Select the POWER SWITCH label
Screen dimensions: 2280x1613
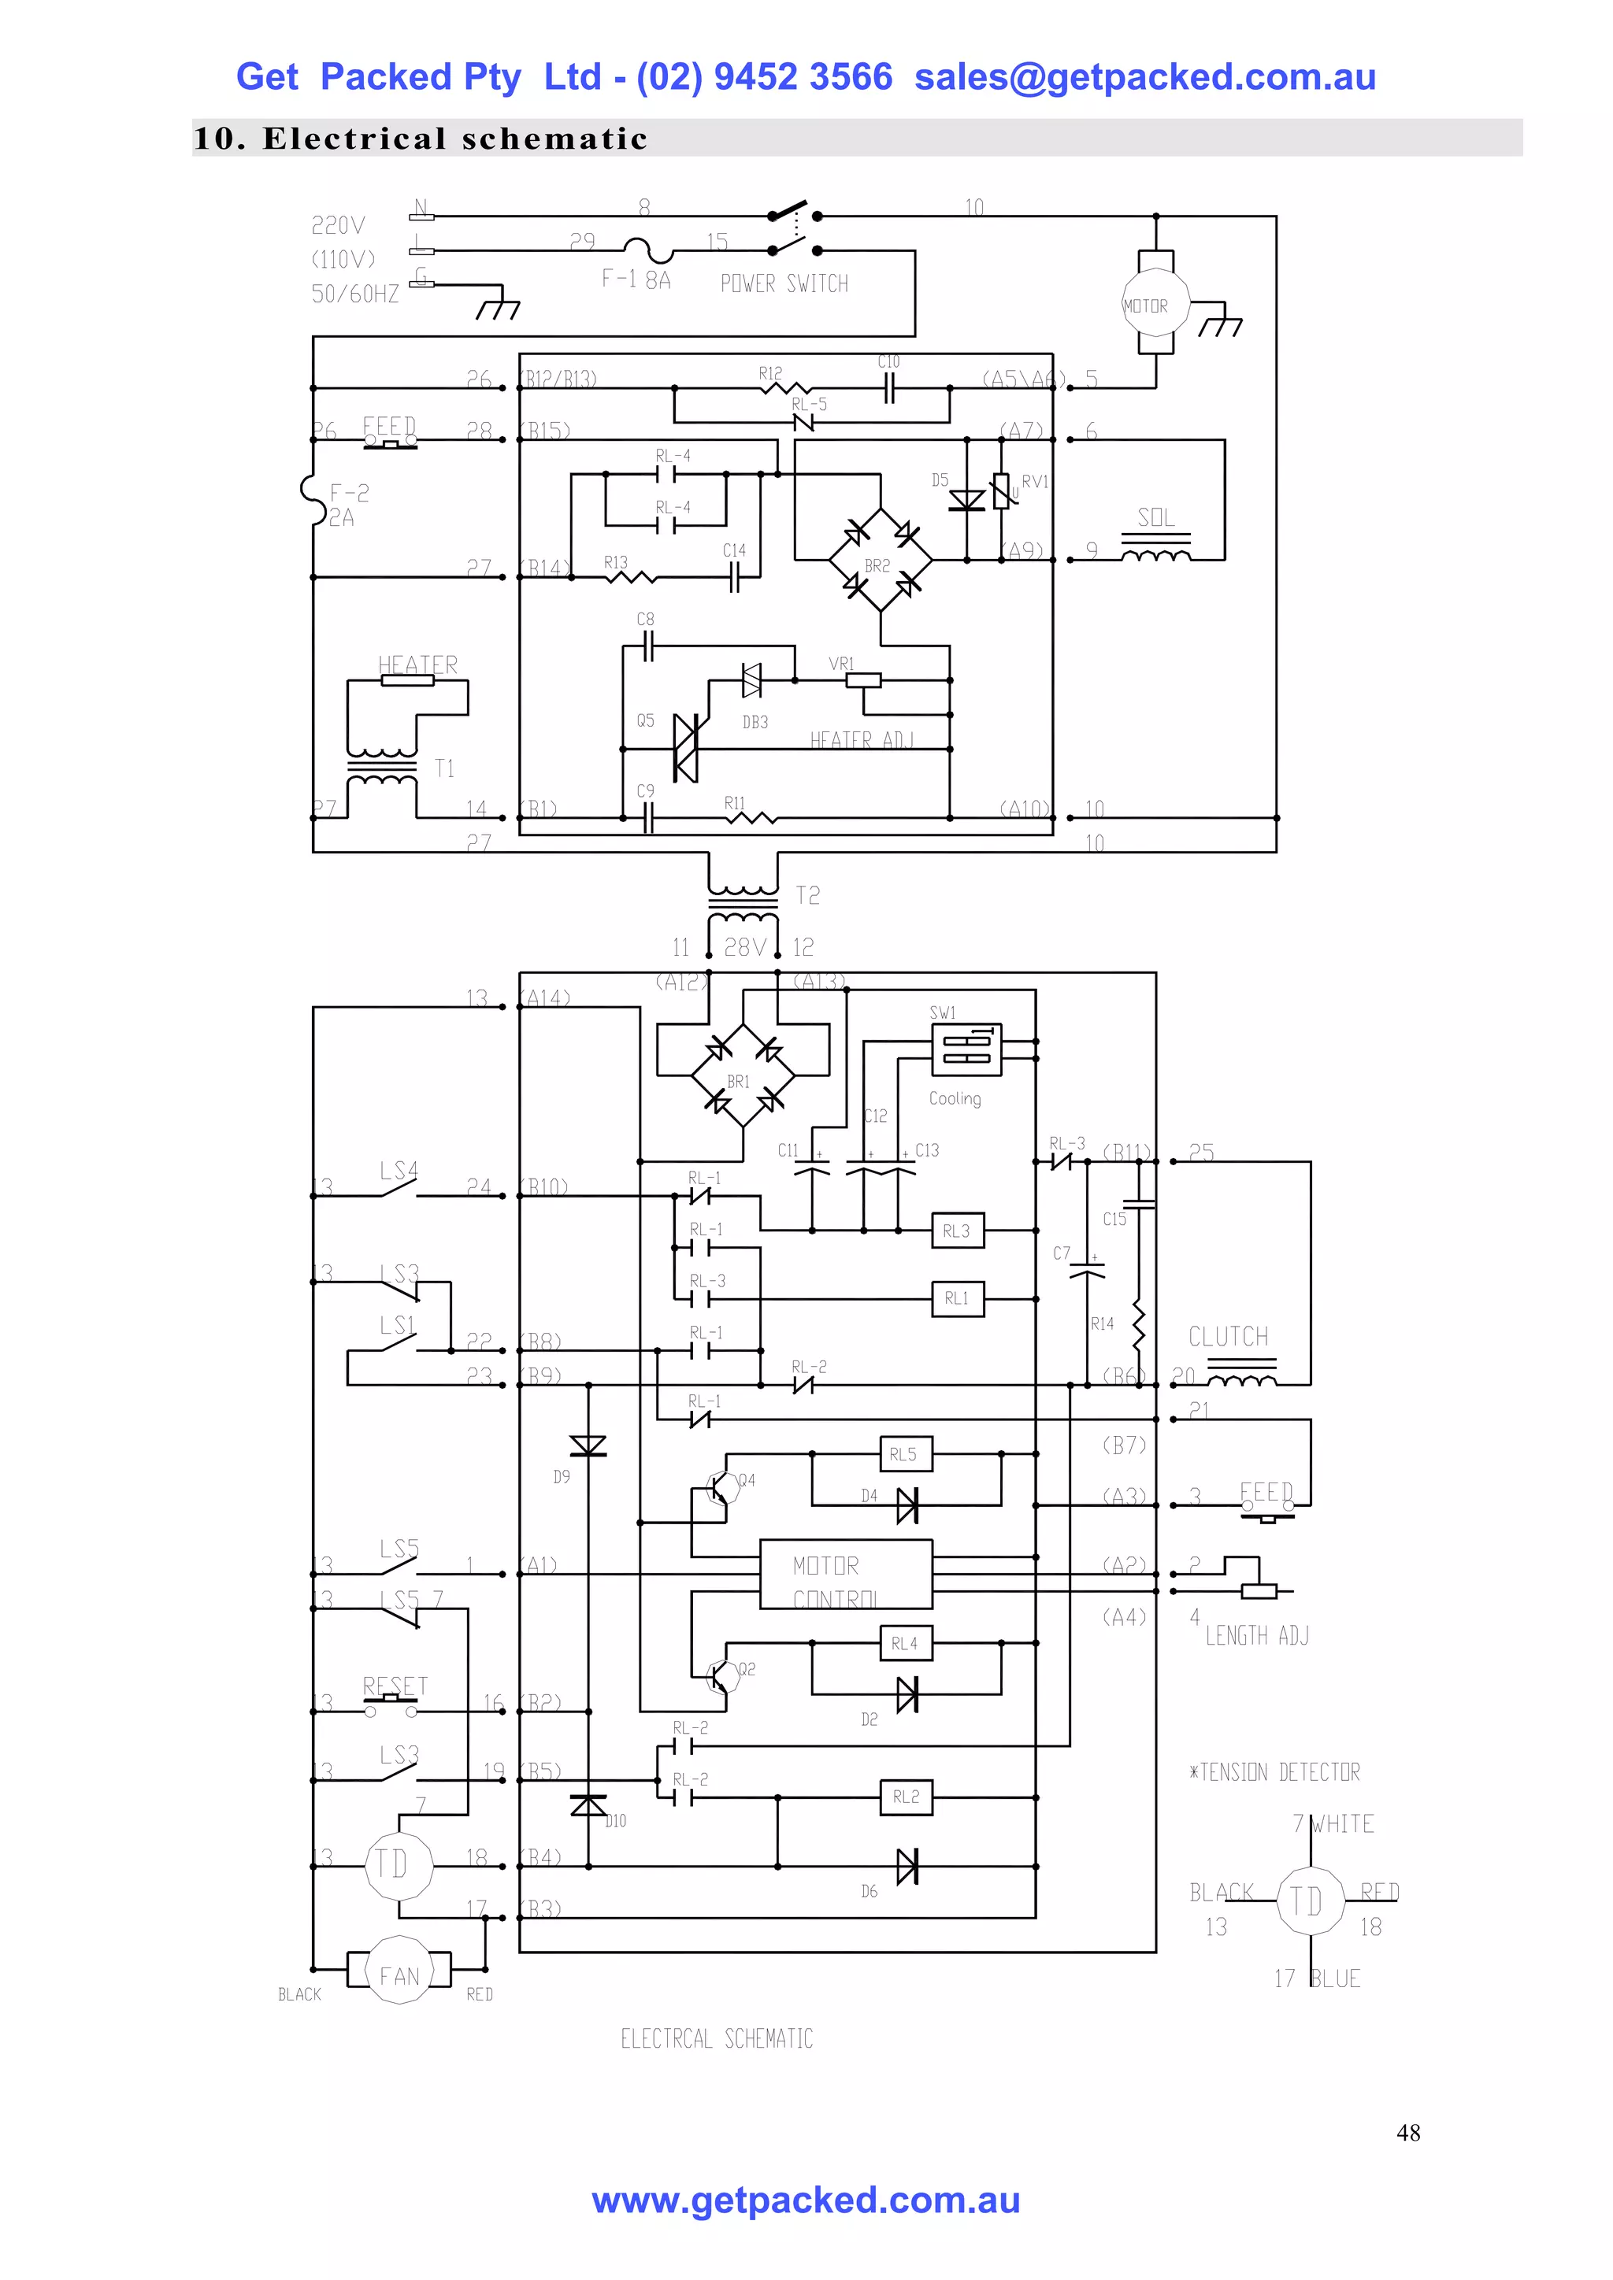pos(784,284)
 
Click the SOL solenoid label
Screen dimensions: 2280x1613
pos(1155,517)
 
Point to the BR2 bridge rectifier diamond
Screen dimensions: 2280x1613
pos(880,560)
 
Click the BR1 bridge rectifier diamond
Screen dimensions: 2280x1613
pos(742,1076)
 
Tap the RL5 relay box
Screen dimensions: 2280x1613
pos(905,1454)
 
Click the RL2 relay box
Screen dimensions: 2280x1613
pos(905,1797)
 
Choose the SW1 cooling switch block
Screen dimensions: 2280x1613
pos(966,1049)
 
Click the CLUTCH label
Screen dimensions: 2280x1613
pos(1229,1337)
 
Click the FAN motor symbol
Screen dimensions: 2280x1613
pos(399,1975)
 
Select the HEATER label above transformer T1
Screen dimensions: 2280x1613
pos(417,664)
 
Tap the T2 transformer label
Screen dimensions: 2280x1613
pos(807,896)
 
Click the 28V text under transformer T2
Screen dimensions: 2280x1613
pos(744,947)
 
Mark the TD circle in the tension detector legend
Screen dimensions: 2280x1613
pos(1309,1901)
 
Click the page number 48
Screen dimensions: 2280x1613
pos(1407,2133)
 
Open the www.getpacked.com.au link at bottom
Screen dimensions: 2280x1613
pos(806,2200)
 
